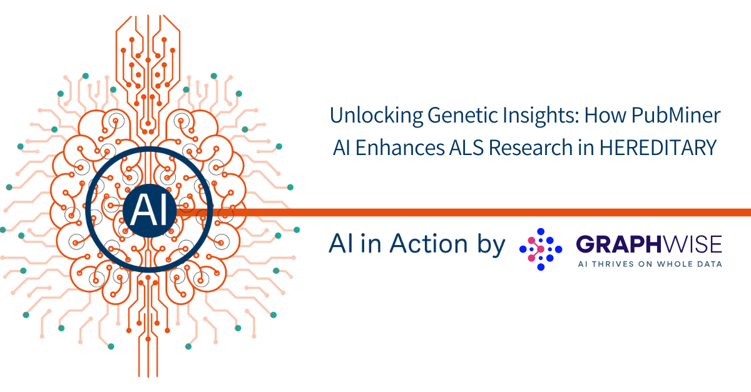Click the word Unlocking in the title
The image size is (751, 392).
tap(376, 116)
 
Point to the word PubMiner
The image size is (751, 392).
tap(676, 115)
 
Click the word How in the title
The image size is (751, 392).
tap(605, 115)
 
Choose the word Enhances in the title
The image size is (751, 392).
tap(399, 148)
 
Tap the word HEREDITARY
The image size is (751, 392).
tap(658, 148)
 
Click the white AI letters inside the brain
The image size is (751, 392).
tap(150, 211)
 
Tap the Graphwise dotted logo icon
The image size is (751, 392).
tap(541, 249)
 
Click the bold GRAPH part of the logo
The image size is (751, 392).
tap(618, 244)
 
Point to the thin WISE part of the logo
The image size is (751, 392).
tap(692, 244)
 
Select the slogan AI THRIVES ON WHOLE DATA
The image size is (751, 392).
tap(650, 264)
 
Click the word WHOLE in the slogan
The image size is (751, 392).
tap(670, 264)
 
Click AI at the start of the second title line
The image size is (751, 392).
tap(342, 148)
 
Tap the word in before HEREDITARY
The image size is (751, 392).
tap(586, 148)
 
